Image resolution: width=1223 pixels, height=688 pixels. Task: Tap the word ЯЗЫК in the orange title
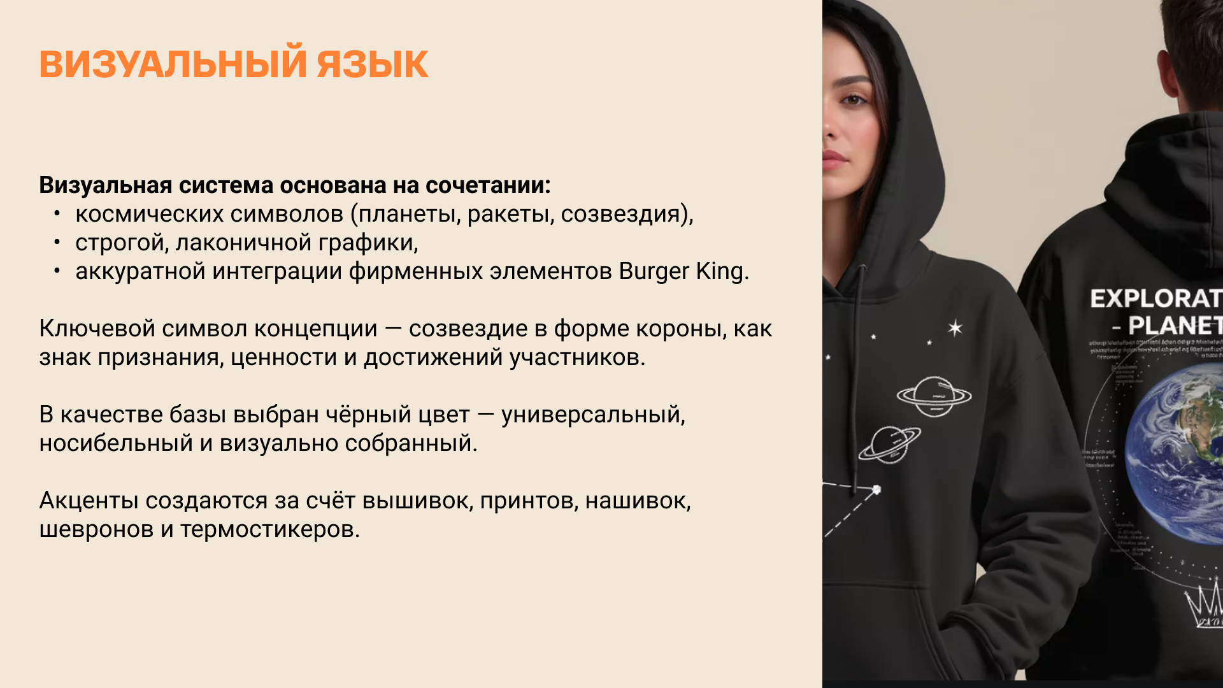(x=372, y=64)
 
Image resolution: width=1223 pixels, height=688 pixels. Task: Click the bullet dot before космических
(x=57, y=213)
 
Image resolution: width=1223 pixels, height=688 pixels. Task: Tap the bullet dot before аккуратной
(x=57, y=271)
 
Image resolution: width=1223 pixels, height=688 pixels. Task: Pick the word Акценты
(x=89, y=501)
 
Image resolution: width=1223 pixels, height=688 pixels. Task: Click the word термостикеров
(x=269, y=529)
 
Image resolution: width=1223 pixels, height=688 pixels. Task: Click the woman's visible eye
(x=853, y=100)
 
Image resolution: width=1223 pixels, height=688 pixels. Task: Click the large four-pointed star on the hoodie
(x=955, y=327)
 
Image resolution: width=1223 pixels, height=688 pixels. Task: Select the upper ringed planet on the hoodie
(x=934, y=396)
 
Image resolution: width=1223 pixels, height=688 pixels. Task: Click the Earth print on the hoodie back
(x=1178, y=455)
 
